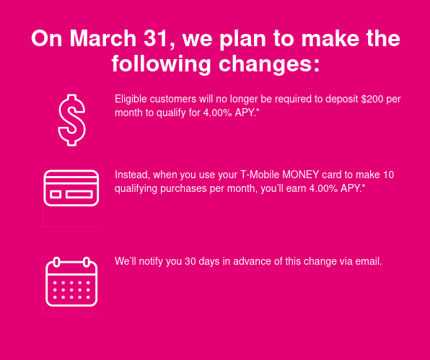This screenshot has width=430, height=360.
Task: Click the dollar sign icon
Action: click(71, 120)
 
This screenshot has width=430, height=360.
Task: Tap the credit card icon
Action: click(71, 188)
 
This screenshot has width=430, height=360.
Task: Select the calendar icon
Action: click(71, 281)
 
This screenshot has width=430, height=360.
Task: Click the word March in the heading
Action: click(103, 38)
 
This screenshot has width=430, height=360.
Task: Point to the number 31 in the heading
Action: click(157, 39)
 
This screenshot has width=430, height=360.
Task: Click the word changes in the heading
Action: click(269, 64)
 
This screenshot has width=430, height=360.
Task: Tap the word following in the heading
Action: click(162, 64)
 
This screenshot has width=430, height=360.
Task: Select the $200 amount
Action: click(372, 99)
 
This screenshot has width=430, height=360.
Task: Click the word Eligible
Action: click(131, 100)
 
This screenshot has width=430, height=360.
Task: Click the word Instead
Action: click(132, 175)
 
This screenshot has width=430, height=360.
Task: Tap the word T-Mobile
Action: click(260, 175)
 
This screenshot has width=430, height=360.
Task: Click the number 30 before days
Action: click(190, 261)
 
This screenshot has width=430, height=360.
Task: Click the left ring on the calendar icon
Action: click(56, 262)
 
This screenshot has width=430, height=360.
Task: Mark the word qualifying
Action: click(136, 189)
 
